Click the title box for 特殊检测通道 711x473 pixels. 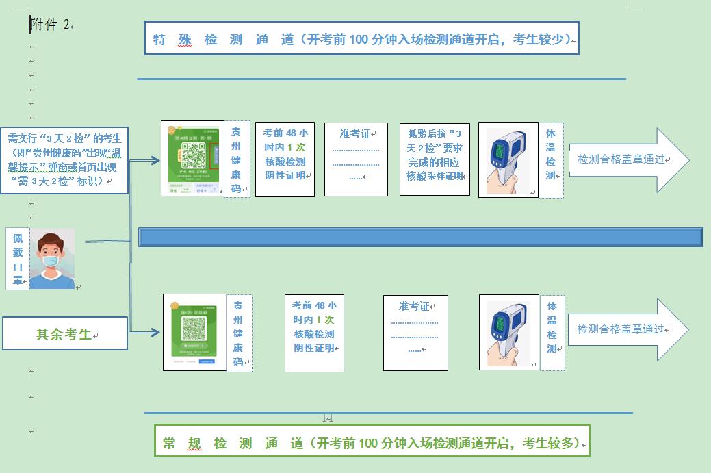361,38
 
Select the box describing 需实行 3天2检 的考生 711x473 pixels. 64,159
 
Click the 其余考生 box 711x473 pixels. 64,334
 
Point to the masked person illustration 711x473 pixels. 52,259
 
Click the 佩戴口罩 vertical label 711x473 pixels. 18,259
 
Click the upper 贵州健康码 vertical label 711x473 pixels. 236,159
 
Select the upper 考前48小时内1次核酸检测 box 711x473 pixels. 285,159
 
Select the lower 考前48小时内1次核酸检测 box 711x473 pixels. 314,333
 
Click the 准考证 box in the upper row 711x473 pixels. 356,159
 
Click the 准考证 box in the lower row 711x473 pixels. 415,333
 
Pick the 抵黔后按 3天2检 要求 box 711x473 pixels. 435,159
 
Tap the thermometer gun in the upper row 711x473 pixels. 508,159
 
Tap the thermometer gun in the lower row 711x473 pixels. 508,332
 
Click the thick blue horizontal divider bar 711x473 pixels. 420,237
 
